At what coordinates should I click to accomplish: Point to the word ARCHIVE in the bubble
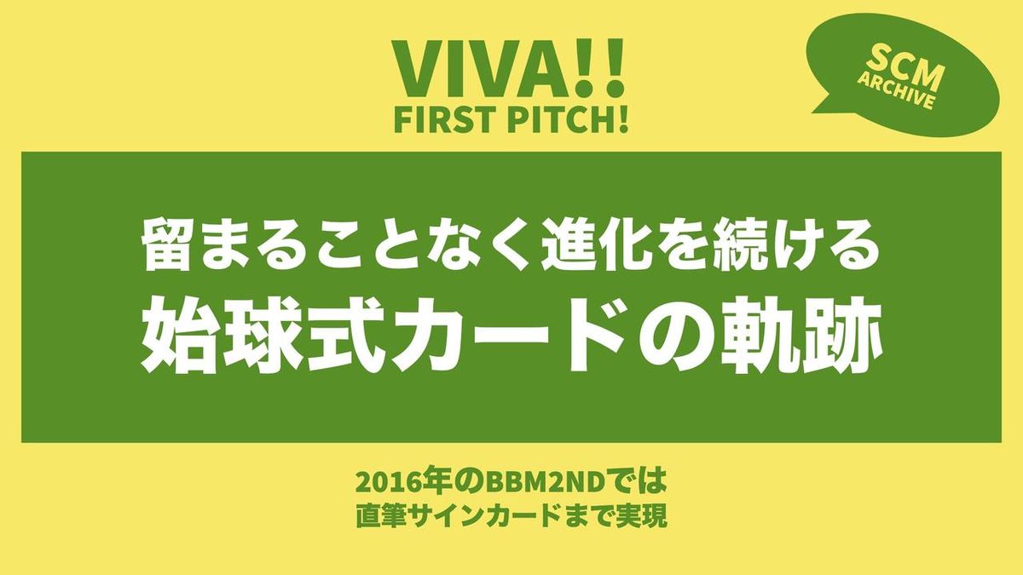point(894,91)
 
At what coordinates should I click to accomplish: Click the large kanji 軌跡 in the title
point(800,335)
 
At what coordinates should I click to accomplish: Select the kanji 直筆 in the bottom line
point(380,516)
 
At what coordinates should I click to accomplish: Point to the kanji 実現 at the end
point(641,516)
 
